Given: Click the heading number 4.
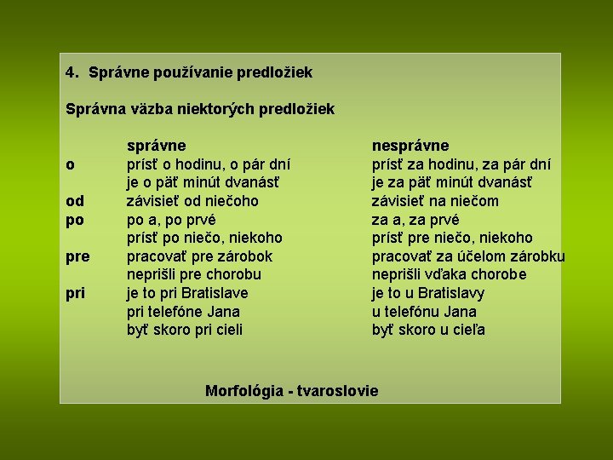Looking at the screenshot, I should coord(72,73).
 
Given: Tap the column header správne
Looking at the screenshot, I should coord(157,146).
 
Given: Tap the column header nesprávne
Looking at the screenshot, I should coord(410,146).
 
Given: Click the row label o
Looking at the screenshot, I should coord(70,164).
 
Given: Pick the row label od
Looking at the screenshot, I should coord(75,201).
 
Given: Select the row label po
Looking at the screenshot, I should coord(75,220).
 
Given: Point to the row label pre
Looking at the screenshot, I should coord(78,256).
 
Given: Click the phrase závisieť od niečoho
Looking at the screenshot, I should coord(192,201).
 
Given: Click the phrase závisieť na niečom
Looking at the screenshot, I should coord(435,201).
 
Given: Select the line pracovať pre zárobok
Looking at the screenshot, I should coord(199,256).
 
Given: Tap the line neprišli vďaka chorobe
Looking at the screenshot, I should coord(449,274).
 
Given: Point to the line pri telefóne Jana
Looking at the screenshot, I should coord(183,312).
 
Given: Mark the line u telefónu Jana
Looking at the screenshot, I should coord(424,312).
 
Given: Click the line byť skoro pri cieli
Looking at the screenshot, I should coord(185,330).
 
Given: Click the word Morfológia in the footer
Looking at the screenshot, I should coord(244,391).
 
